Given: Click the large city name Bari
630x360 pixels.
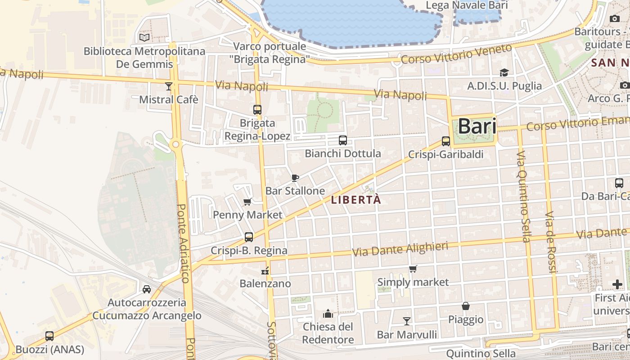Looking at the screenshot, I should [477, 126].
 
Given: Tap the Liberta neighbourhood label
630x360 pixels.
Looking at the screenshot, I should [356, 200].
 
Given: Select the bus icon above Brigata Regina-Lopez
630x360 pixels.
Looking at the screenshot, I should [257, 109].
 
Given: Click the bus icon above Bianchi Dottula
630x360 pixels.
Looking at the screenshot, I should [343, 140].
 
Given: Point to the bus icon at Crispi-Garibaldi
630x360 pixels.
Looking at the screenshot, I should [446, 141].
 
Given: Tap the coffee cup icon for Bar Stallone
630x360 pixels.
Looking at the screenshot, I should [295, 178].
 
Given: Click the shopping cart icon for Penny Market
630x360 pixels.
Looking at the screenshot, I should [247, 202].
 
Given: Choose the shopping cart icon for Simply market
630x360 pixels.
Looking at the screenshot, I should [413, 269].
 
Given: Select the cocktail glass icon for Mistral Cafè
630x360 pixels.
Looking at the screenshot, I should [169, 86].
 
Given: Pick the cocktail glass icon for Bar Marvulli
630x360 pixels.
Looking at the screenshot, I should [407, 321].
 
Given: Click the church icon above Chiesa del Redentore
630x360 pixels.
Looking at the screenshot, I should [328, 313].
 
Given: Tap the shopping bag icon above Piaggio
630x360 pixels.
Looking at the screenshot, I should [466, 306].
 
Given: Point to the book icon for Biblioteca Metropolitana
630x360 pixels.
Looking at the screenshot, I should [144, 37].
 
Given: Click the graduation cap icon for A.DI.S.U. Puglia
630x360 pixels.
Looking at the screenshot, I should [504, 72].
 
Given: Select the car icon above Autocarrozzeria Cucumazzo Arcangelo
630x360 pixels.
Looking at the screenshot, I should [147, 289].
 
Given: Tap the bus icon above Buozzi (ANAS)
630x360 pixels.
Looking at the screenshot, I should [49, 336].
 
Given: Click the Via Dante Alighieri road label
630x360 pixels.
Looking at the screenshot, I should [400, 249].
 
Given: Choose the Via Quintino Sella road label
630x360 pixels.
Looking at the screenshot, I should [523, 197].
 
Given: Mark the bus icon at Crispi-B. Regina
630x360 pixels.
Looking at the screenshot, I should [249, 237].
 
